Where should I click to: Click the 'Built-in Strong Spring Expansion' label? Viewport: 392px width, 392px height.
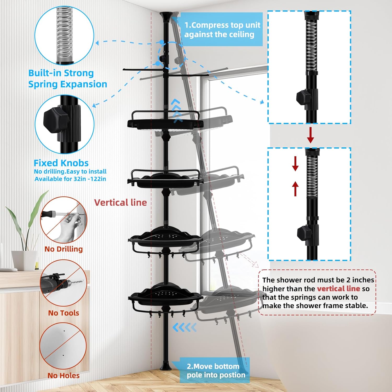(67, 78)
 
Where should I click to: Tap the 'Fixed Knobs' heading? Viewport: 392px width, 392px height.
(61, 163)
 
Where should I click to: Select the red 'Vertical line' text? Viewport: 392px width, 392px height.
(120, 203)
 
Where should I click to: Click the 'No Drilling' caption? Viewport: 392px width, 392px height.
(64, 249)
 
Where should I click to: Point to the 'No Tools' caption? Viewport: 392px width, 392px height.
(64, 313)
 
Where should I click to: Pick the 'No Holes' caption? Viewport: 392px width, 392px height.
(64, 376)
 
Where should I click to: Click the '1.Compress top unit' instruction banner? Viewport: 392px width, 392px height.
(222, 30)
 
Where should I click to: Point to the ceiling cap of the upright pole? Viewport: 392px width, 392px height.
(165, 16)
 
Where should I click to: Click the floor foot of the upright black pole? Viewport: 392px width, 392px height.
(165, 366)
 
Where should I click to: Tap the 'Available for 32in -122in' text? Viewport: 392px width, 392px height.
(70, 179)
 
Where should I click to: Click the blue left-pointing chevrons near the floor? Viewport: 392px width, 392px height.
(185, 327)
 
